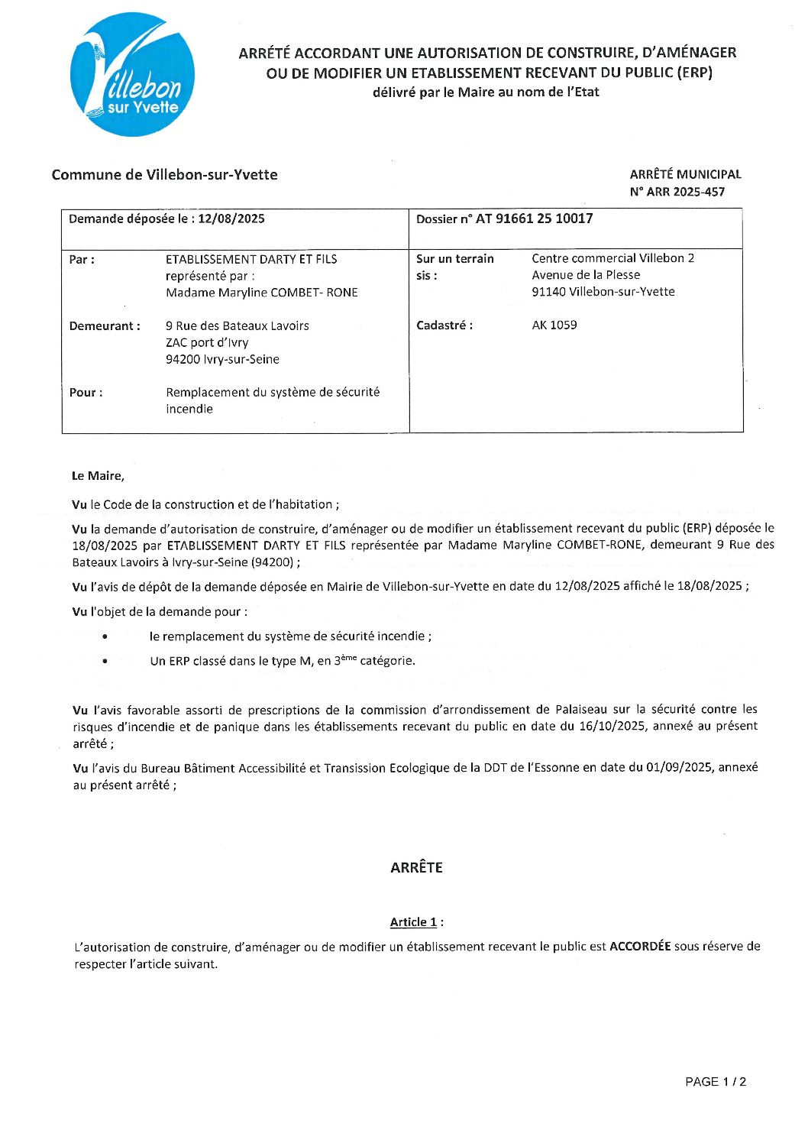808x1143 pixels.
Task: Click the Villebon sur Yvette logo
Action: click(132, 75)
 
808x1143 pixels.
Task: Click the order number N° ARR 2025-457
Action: click(677, 192)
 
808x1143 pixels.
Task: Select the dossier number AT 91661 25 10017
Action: click(534, 219)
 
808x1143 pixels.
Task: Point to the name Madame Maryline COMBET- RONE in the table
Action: click(261, 293)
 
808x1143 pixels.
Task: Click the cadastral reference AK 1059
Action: click(554, 325)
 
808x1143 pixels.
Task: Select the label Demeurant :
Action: click(105, 326)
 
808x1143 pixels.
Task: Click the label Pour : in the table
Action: click(86, 393)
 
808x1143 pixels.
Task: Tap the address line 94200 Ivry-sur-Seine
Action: click(222, 359)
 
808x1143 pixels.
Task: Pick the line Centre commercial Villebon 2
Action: click(612, 258)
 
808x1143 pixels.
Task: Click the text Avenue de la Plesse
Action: click(586, 275)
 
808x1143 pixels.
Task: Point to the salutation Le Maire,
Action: click(98, 476)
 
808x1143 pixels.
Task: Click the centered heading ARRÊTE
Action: click(416, 867)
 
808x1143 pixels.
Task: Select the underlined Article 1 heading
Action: click(413, 922)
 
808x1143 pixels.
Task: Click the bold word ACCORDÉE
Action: click(640, 947)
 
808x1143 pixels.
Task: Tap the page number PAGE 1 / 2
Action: click(715, 1081)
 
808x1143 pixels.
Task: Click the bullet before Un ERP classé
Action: click(105, 661)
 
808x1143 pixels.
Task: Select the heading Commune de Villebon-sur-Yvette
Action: click(164, 175)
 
